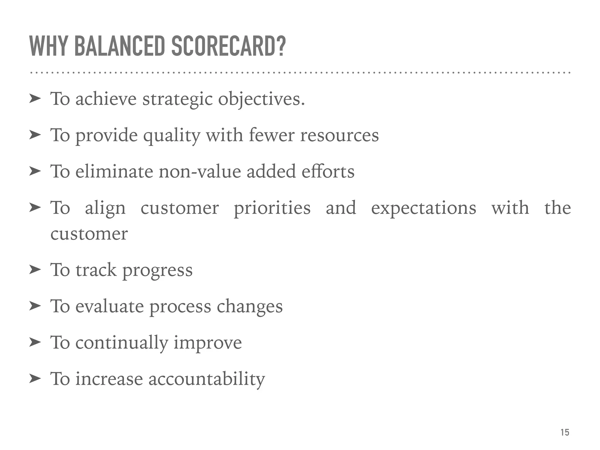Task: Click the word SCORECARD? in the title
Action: click(228, 46)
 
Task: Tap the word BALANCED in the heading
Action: click(120, 46)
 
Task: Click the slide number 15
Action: click(565, 432)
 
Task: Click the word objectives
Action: click(261, 100)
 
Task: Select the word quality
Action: click(171, 136)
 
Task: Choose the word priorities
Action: click(272, 209)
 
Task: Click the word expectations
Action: click(423, 209)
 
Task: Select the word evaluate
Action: click(110, 306)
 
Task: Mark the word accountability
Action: click(207, 379)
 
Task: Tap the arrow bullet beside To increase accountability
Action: click(35, 379)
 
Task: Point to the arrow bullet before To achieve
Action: click(35, 99)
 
